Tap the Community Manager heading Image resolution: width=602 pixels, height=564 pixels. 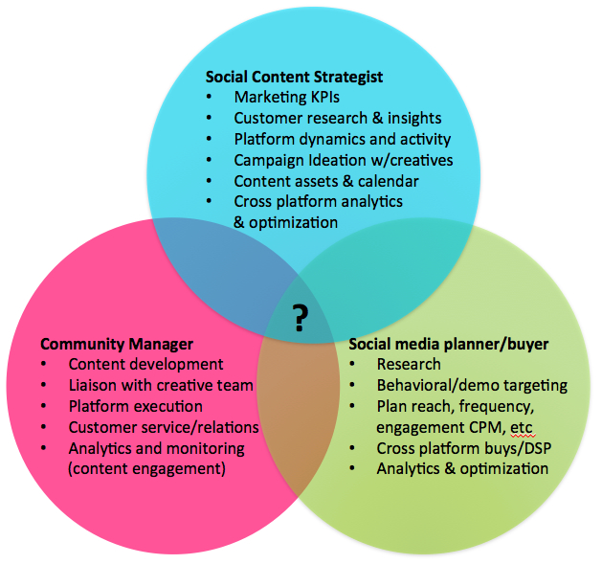click(117, 343)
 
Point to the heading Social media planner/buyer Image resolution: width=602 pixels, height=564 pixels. click(448, 343)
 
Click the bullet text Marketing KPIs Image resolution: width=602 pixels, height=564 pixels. click(287, 97)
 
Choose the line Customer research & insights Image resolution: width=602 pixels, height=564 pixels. click(337, 118)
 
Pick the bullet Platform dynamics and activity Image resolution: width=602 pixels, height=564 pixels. click(342, 139)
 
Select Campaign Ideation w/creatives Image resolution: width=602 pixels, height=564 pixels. click(343, 160)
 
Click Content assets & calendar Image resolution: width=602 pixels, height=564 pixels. click(325, 181)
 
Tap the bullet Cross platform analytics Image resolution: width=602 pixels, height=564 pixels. click(318, 202)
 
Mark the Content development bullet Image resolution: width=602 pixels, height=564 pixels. click(145, 364)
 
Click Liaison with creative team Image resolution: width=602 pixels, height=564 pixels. click(161, 385)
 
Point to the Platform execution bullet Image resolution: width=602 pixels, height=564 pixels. click(135, 406)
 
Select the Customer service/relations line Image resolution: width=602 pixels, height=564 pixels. click(164, 427)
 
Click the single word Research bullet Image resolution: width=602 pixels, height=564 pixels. click(409, 364)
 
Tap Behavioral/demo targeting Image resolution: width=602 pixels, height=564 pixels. click(472, 385)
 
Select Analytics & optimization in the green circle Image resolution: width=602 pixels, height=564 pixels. click(462, 469)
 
